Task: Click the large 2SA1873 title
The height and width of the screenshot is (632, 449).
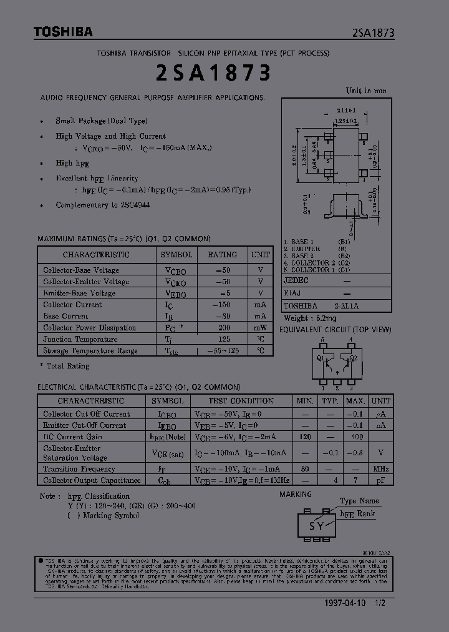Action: (x=211, y=73)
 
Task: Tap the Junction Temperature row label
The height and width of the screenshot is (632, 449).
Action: (x=80, y=339)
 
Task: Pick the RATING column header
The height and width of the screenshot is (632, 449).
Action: (x=222, y=255)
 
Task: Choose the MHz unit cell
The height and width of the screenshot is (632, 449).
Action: (x=380, y=469)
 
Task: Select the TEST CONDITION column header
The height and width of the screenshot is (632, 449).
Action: (x=240, y=401)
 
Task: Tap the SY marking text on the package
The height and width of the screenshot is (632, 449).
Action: (x=317, y=526)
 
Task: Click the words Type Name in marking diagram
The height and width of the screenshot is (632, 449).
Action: (x=360, y=501)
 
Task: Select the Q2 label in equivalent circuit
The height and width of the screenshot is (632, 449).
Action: (x=353, y=358)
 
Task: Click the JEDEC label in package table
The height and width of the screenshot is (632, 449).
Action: (x=296, y=281)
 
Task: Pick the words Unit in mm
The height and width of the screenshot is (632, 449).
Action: (x=366, y=91)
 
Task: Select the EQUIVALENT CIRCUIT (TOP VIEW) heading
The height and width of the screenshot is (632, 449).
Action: (x=335, y=329)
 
